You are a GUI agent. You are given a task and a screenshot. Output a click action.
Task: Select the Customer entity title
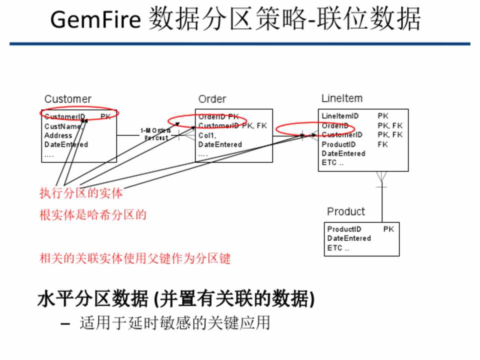67,99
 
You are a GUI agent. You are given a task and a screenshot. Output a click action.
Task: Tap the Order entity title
212,99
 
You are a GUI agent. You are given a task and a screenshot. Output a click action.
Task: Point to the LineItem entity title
342,98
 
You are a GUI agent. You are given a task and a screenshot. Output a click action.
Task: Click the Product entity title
346,211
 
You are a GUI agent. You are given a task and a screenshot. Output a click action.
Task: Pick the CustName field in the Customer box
62,126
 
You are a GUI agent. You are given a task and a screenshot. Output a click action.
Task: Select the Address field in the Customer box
58,135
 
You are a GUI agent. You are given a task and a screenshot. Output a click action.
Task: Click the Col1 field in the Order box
207,135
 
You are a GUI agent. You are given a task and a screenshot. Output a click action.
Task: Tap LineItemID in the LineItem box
340,116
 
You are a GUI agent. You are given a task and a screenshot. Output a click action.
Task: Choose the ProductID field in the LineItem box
338,144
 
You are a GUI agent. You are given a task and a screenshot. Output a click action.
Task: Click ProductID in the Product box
344,229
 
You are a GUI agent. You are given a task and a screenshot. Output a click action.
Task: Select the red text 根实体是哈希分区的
93,215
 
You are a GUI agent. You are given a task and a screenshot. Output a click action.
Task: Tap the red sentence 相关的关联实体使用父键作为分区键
135,259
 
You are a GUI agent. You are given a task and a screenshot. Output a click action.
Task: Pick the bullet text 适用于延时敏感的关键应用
174,323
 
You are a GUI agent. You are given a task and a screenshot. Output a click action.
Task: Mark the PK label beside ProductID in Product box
388,229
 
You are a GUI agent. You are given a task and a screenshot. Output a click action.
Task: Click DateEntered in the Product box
349,238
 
